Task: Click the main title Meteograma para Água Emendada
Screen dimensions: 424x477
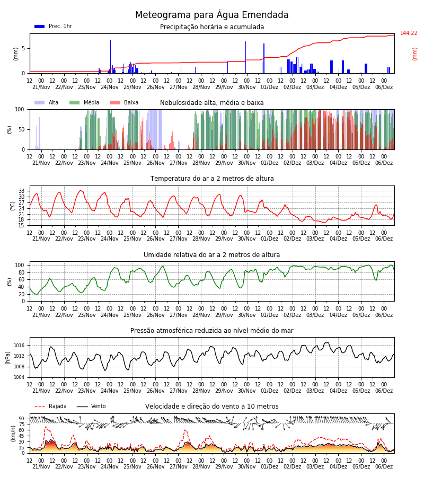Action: click(211, 15)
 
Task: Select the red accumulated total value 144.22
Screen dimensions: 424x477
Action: click(409, 33)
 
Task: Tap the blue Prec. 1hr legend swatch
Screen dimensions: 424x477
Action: click(40, 26)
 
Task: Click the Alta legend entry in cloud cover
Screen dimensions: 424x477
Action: click(47, 102)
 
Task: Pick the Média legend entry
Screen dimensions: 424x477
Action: click(84, 102)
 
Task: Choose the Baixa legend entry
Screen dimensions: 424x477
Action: click(124, 102)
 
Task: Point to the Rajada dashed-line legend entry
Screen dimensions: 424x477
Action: click(50, 406)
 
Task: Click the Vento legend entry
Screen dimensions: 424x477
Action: click(91, 406)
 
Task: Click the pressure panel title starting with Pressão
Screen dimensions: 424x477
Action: click(211, 330)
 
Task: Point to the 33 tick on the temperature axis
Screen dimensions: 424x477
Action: click(22, 191)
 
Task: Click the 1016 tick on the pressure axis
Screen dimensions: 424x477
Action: click(19, 346)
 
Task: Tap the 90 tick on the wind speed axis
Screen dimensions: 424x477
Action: click(22, 419)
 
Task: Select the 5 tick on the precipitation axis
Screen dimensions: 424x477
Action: click(23, 48)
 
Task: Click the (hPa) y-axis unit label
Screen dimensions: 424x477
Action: click(8, 358)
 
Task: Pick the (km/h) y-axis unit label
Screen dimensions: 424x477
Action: click(13, 434)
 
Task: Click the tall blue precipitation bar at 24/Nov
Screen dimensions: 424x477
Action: click(110, 57)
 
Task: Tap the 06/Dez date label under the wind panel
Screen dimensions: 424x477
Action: click(384, 466)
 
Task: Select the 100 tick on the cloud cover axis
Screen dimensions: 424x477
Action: click(20, 109)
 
